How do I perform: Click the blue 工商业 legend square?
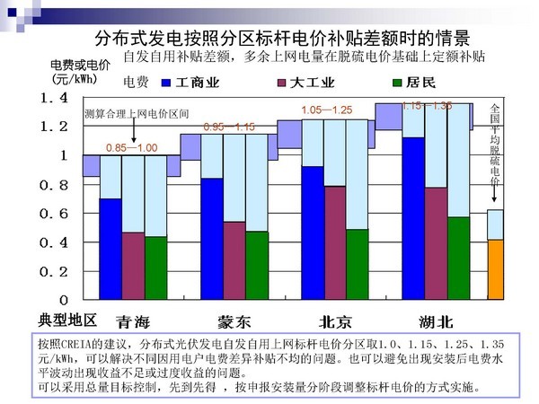pyautogui.click(x=165, y=83)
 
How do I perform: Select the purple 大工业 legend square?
pyautogui.click(x=280, y=83)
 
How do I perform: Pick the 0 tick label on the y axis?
pyautogui.click(x=65, y=298)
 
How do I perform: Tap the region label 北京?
pyautogui.click(x=335, y=322)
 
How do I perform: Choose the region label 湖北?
pyautogui.click(x=436, y=322)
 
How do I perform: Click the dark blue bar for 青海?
pyautogui.click(x=110, y=249)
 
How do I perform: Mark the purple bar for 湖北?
pyautogui.click(x=436, y=243)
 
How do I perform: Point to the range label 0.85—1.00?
pyautogui.click(x=132, y=147)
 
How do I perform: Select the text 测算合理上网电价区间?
pyautogui.click(x=137, y=115)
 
